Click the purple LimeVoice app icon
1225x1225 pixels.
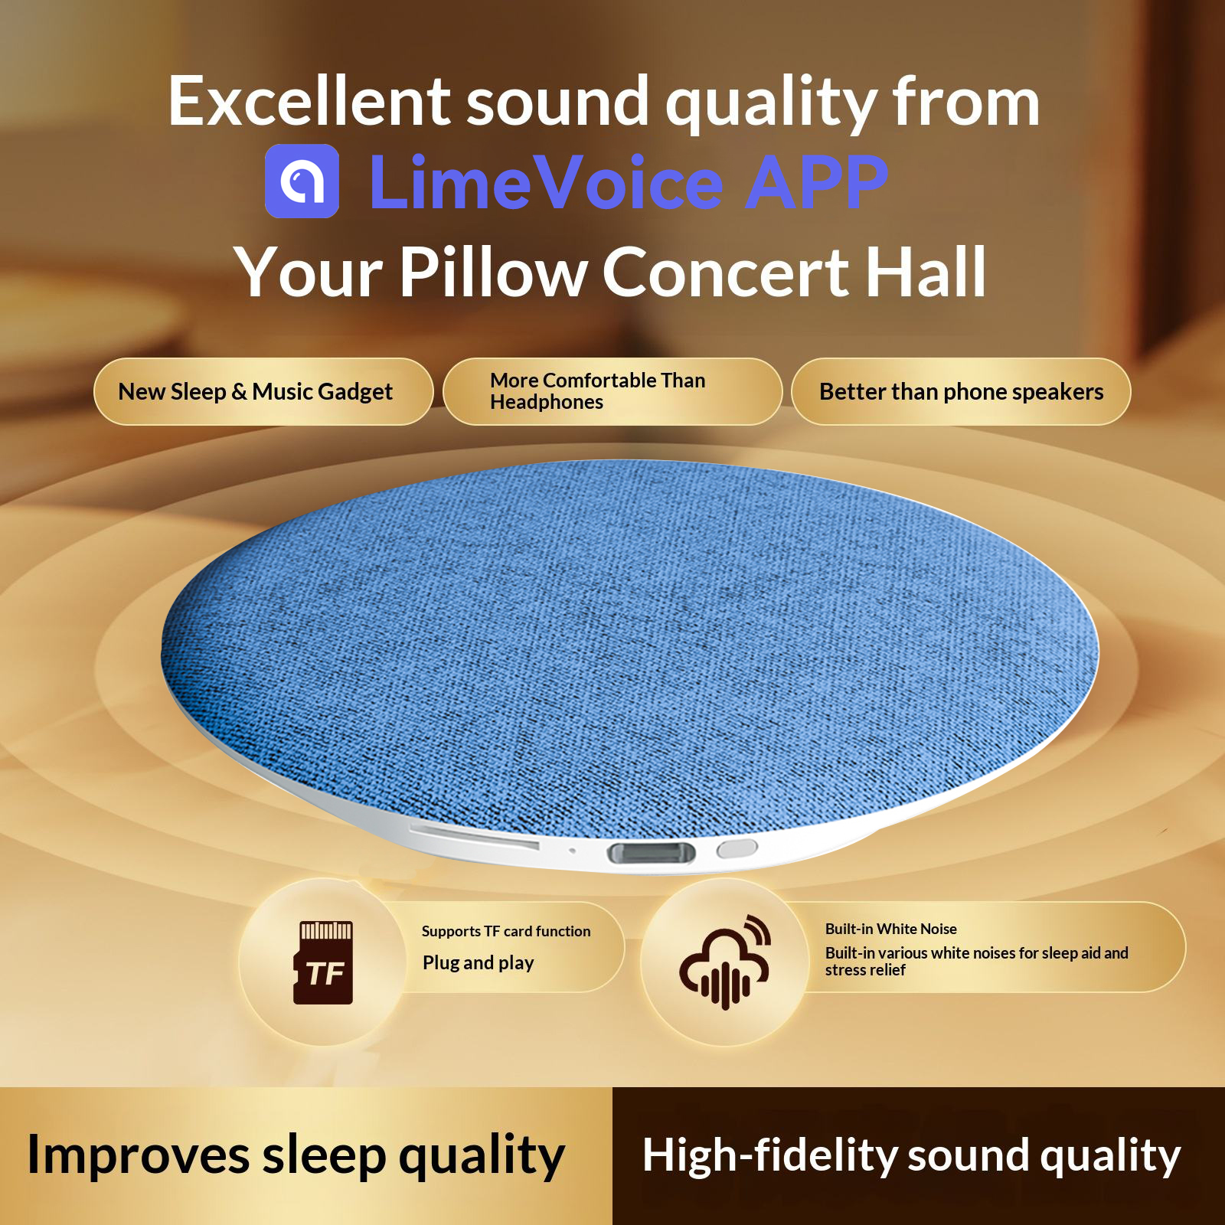click(x=302, y=181)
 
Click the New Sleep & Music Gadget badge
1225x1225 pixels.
click(x=263, y=391)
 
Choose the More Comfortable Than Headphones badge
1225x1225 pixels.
click(x=612, y=391)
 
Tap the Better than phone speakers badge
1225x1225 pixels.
click(x=961, y=391)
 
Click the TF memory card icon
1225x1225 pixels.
click(x=324, y=962)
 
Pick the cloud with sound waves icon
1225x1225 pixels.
click(x=724, y=962)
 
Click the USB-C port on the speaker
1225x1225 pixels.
click(x=652, y=852)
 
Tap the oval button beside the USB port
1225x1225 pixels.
click(x=737, y=848)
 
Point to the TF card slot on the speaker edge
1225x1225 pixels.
click(x=475, y=836)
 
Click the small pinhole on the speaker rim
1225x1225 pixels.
click(x=572, y=850)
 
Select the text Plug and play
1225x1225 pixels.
click(x=479, y=963)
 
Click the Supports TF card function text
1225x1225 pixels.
click(x=506, y=931)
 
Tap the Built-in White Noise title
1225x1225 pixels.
click(x=891, y=929)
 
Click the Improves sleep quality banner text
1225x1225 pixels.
click(x=296, y=1155)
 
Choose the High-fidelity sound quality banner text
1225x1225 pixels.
click(x=911, y=1155)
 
